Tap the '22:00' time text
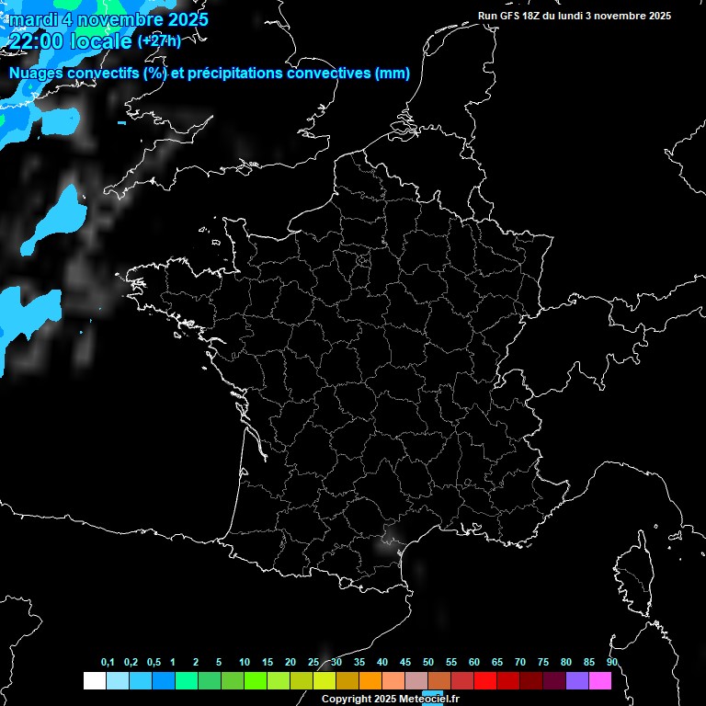pyautogui.click(x=35, y=41)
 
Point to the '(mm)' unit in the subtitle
pyautogui.click(x=393, y=74)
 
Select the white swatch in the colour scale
pyautogui.click(x=94, y=681)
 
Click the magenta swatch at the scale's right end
pyautogui.click(x=600, y=681)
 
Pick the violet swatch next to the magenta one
pyautogui.click(x=577, y=681)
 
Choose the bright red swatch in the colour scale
pyautogui.click(x=485, y=681)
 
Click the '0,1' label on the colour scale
pyautogui.click(x=108, y=663)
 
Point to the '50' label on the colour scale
pyautogui.click(x=428, y=663)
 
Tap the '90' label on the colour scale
pyautogui.click(x=612, y=663)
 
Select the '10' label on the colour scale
pyautogui.click(x=245, y=663)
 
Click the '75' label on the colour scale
pyautogui.click(x=543, y=663)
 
